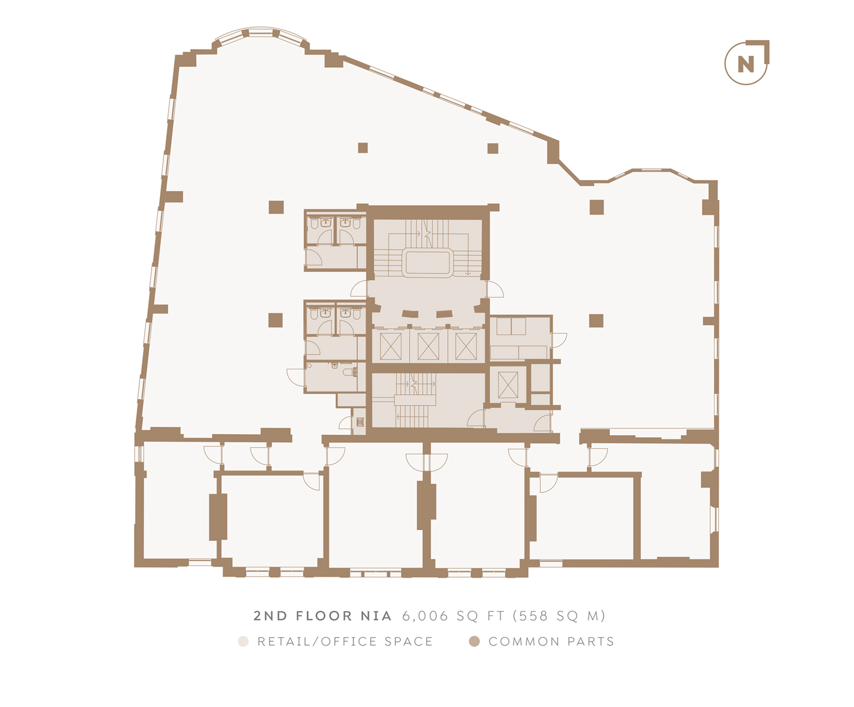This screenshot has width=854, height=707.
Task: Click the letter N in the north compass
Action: (x=746, y=64)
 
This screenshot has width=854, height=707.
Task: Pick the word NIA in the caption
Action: (x=376, y=616)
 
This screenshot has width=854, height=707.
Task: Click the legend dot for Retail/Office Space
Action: (x=243, y=642)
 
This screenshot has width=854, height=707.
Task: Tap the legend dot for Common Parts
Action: (x=474, y=642)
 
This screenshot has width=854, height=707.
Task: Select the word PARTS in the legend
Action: (x=591, y=642)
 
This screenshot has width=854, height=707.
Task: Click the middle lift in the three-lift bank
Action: (x=428, y=346)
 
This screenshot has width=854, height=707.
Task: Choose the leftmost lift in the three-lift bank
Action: (x=391, y=346)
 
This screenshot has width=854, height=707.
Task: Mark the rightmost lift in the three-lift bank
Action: (x=466, y=346)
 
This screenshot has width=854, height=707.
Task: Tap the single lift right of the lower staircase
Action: (x=508, y=385)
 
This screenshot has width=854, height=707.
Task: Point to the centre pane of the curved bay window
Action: (x=260, y=32)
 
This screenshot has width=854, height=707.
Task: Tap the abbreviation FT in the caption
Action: (x=496, y=616)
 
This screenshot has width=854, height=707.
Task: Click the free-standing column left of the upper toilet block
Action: (x=276, y=207)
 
